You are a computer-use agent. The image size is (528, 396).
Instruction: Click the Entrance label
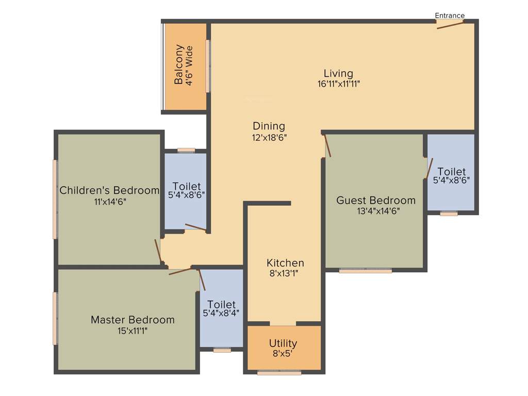coord(450,15)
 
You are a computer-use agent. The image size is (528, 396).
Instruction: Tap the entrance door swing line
coord(450,25)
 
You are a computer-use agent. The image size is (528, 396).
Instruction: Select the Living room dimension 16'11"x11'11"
coord(338,84)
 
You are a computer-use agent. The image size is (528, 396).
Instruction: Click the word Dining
coord(269,126)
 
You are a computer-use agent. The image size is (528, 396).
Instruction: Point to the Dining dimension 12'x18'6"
coord(269,138)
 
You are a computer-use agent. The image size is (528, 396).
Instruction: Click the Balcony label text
coord(179,65)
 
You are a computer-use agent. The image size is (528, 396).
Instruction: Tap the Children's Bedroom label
coord(109,190)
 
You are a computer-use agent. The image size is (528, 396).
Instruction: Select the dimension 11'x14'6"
coord(110,202)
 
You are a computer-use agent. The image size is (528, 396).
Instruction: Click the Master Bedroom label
coord(133,320)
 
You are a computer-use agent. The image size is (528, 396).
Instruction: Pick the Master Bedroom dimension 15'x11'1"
coord(133,331)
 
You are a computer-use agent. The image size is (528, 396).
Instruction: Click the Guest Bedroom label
coord(376,200)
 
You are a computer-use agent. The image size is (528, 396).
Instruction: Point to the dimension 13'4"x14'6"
coord(378,211)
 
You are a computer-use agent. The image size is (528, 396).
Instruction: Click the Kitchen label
coord(285,263)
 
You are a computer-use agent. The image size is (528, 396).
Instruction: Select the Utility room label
coord(283,343)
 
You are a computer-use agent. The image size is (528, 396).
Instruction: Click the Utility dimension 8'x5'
coord(283,354)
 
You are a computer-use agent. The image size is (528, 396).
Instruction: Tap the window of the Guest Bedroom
coord(366,270)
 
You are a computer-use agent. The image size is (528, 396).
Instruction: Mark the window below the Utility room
coord(279,372)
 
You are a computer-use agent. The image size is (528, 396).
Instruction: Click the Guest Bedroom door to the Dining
coord(327,145)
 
